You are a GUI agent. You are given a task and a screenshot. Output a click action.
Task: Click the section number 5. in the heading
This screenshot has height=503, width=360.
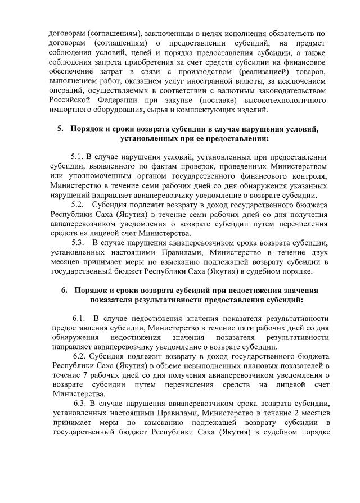pos(60,129)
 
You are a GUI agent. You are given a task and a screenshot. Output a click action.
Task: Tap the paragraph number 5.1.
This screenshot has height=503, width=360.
pos(78,156)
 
